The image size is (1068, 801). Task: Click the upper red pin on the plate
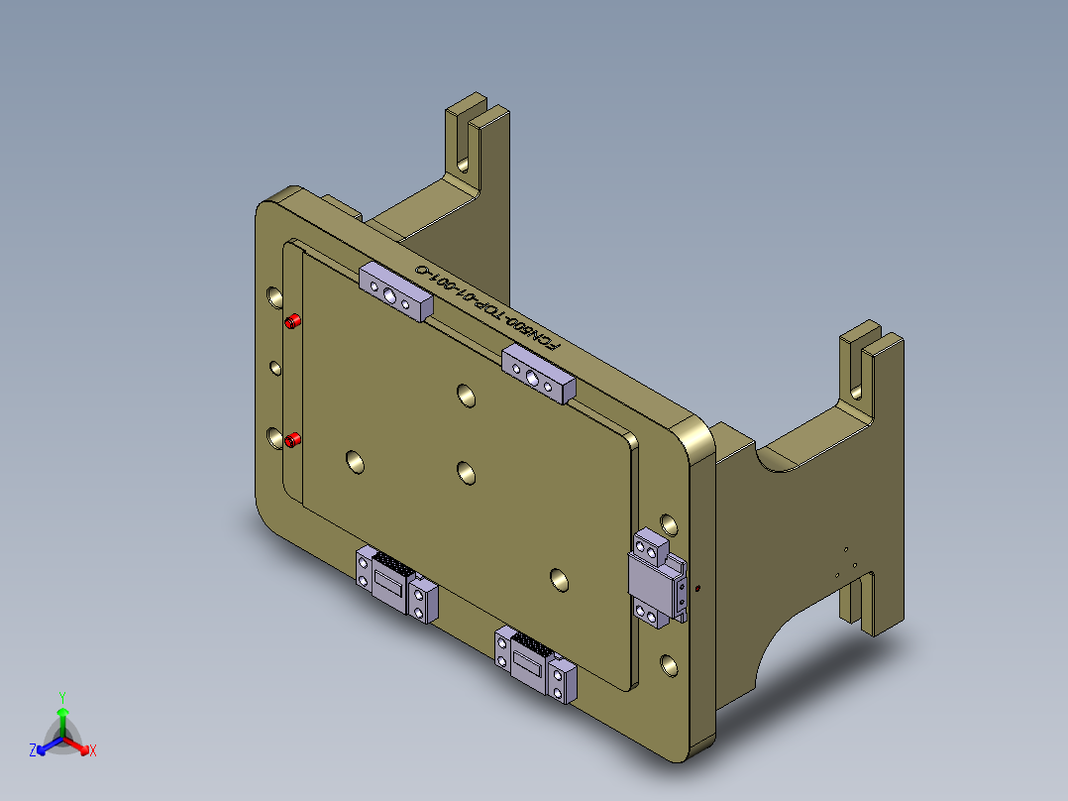[293, 321]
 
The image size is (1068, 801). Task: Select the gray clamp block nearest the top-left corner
[395, 291]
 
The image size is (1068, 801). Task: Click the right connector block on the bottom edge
[535, 664]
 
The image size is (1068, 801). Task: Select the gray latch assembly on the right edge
[657, 580]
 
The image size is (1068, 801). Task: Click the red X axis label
[93, 750]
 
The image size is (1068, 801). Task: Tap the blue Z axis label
[33, 750]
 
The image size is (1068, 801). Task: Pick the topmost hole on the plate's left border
[273, 296]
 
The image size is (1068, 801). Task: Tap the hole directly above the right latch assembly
[670, 523]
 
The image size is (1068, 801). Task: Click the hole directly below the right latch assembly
[670, 663]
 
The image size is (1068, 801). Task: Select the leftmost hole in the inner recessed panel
[354, 460]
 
